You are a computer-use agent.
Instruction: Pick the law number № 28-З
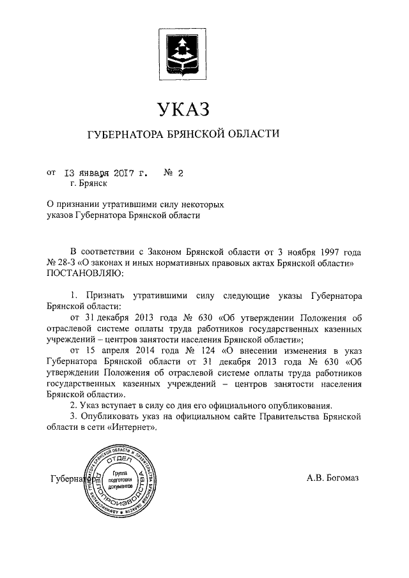click(x=61, y=262)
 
